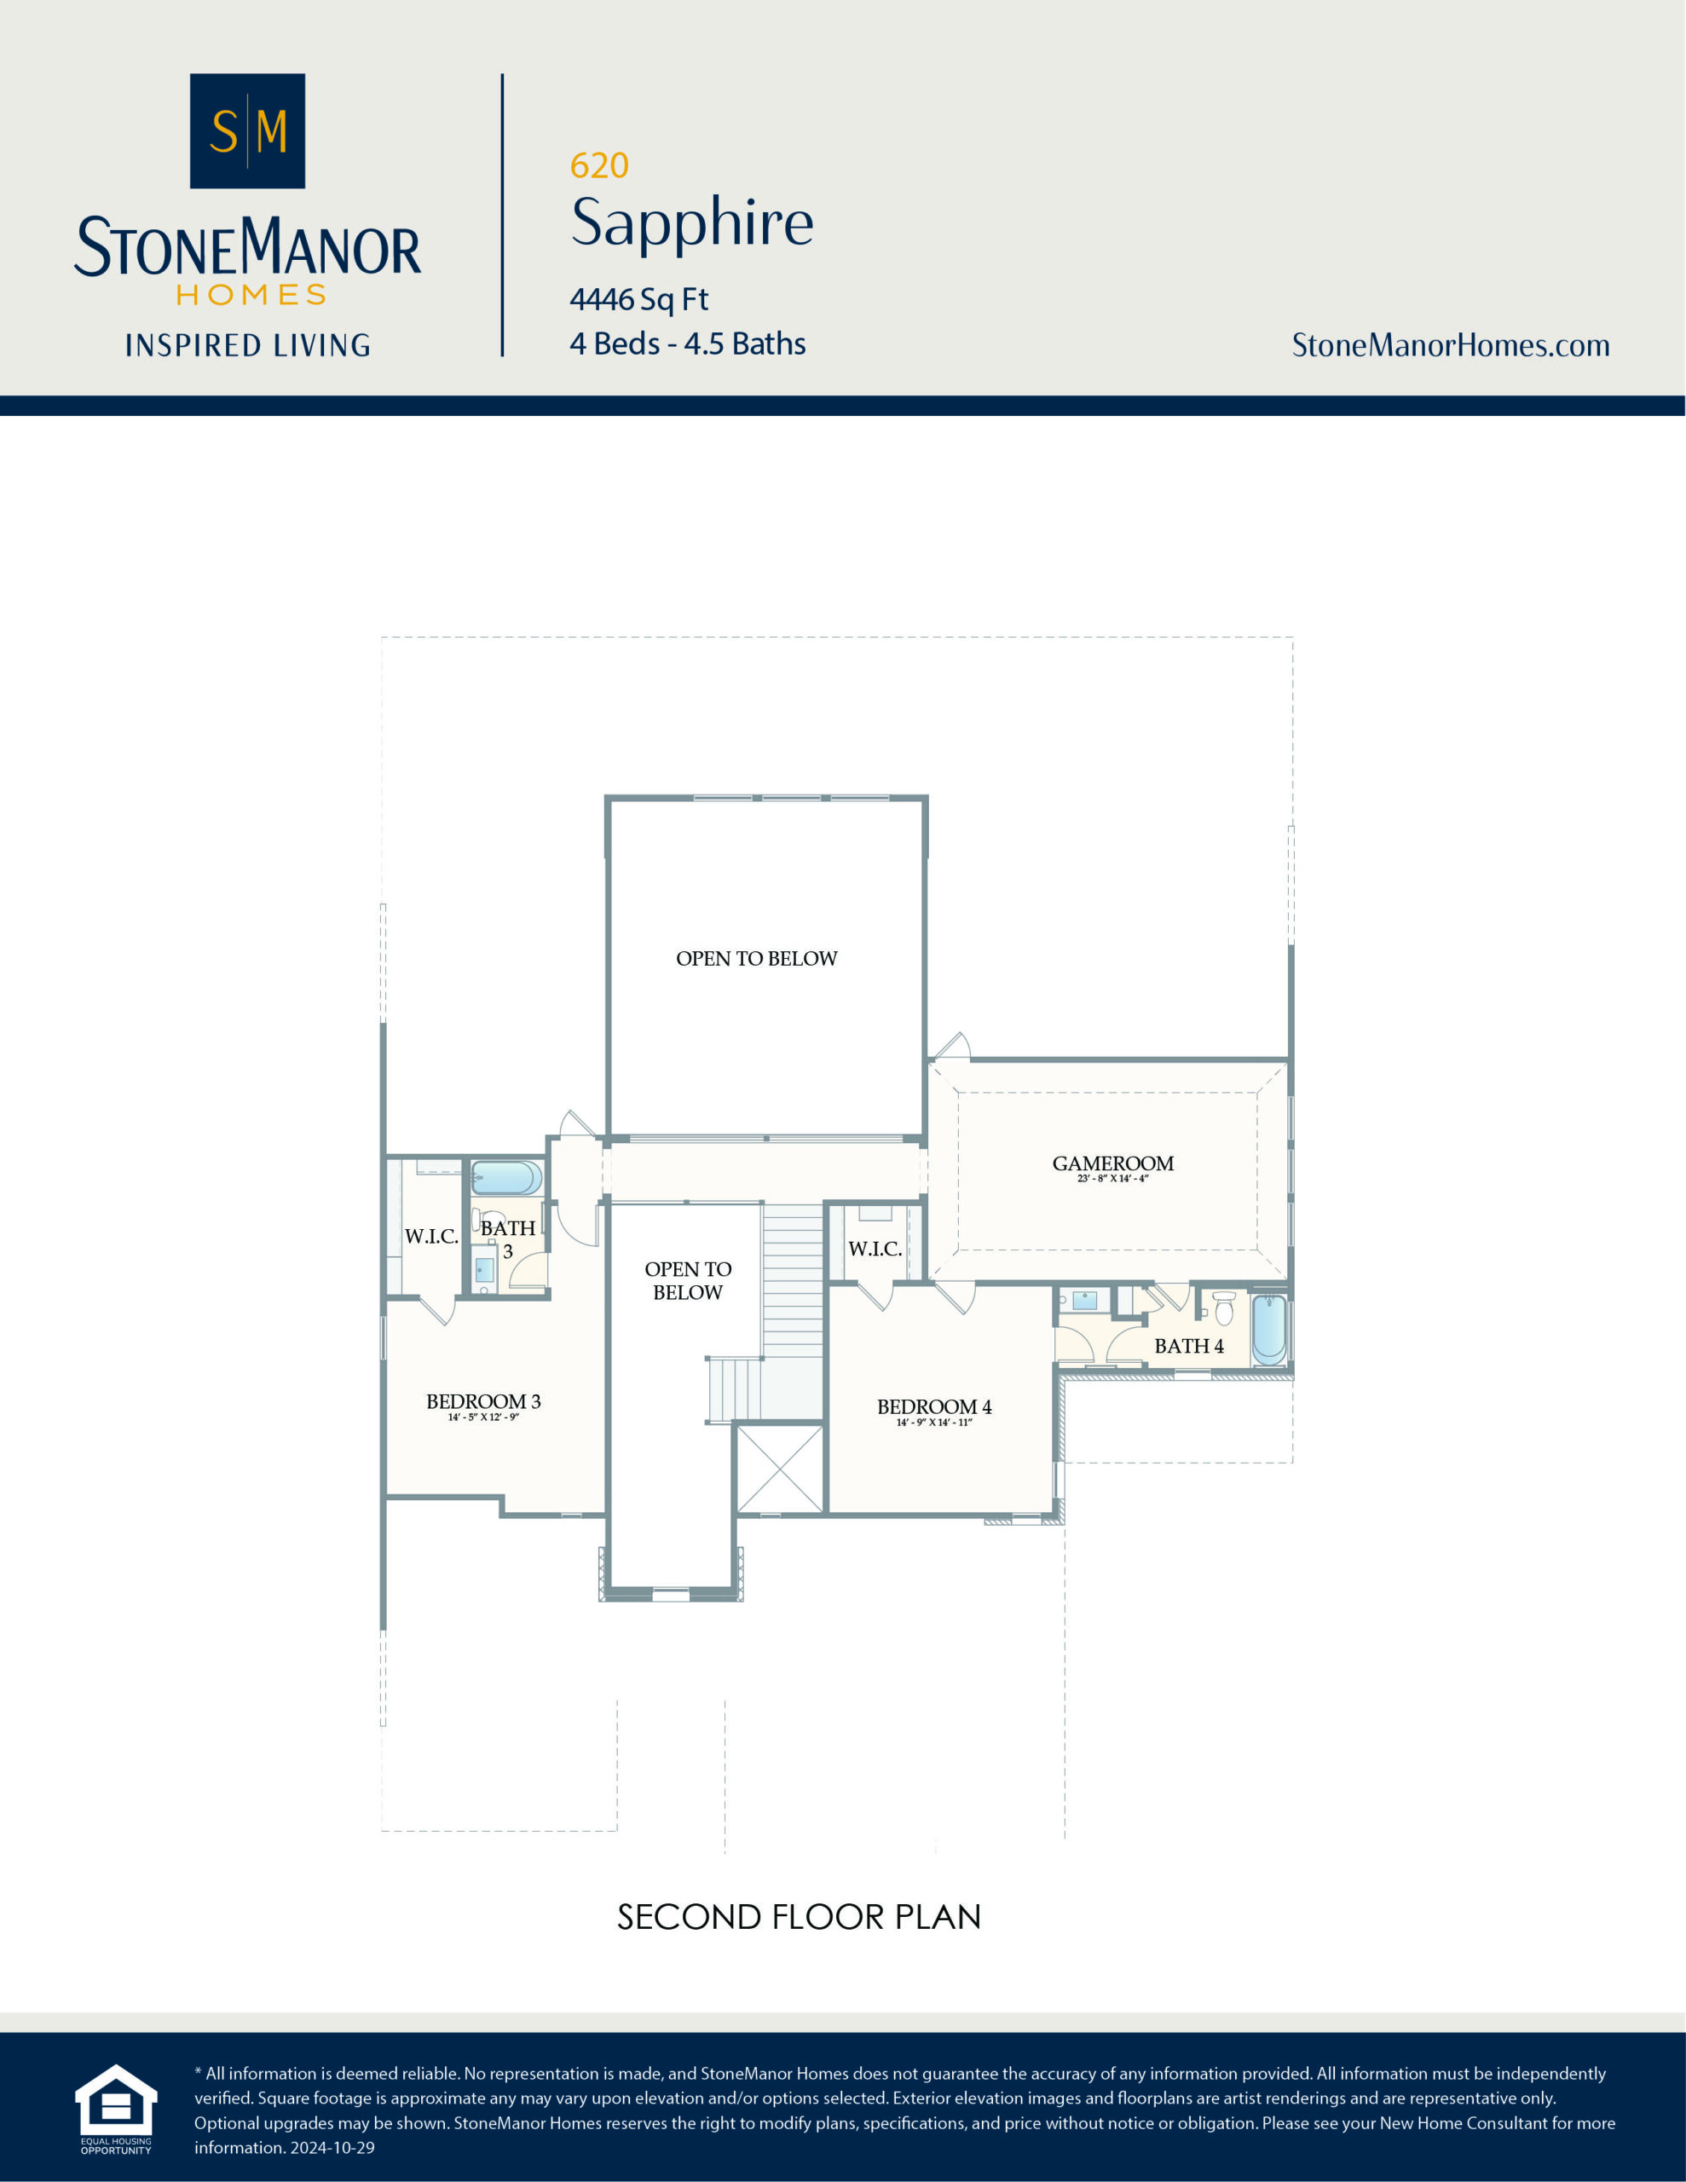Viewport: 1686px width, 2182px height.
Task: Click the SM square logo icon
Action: pos(247,131)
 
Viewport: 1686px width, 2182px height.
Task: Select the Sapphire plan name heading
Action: pos(691,222)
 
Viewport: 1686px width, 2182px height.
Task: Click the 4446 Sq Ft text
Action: pos(638,298)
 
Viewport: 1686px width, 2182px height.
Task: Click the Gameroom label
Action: pos(1112,1164)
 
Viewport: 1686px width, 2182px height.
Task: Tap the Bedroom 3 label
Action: pos(482,1402)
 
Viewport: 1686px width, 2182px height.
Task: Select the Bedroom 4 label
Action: pos(933,1406)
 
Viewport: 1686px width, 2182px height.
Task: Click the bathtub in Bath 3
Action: pos(505,1178)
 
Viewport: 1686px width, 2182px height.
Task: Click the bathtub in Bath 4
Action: pos(1268,1330)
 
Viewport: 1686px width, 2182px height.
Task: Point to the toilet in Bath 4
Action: pos(1223,1307)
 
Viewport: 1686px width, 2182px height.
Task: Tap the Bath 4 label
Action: pos(1188,1347)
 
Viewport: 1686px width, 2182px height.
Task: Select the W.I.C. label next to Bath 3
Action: pos(430,1237)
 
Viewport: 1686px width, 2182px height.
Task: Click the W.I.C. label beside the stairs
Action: pos(875,1249)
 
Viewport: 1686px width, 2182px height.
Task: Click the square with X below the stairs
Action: pos(778,1469)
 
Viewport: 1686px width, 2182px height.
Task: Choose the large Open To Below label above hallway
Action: pos(757,959)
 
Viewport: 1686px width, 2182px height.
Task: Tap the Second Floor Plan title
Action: pos(799,1917)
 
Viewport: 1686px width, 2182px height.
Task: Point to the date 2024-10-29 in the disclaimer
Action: pos(332,2147)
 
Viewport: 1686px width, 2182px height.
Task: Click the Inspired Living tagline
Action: pos(247,346)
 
